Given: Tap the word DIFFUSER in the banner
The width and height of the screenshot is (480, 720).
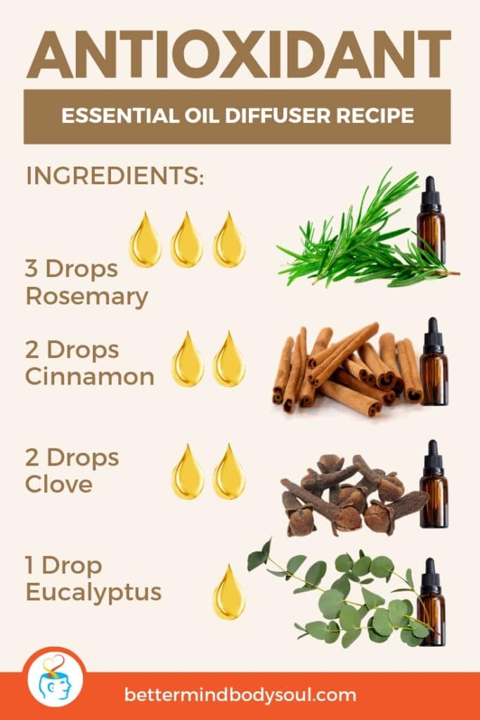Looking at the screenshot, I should [278, 115].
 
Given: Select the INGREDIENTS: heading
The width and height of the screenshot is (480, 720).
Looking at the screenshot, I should [115, 176].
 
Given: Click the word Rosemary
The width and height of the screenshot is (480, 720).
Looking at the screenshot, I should [86, 297].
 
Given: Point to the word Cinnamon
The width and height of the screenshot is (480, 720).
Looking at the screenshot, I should [89, 376].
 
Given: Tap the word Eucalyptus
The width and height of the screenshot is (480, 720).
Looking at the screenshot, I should [93, 592].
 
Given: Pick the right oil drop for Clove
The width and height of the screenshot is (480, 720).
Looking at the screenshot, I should [229, 472].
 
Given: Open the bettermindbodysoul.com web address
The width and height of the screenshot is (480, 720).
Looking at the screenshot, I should [240, 695].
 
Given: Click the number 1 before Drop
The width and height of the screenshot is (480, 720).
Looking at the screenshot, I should [31, 566].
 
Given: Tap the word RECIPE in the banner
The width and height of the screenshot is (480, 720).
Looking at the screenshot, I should [377, 115].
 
